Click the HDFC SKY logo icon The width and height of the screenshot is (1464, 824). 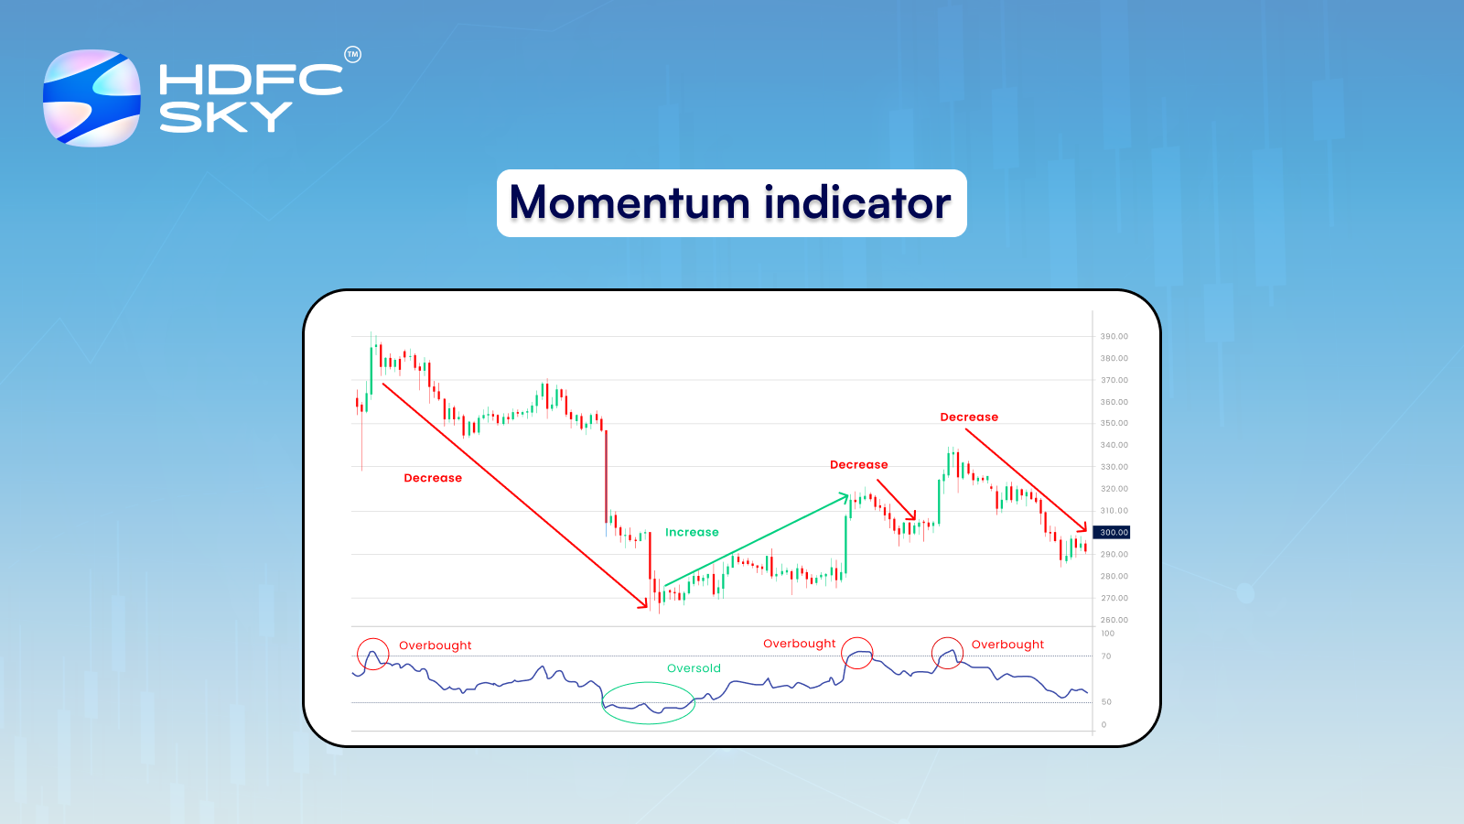91,97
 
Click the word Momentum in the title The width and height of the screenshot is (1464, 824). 630,202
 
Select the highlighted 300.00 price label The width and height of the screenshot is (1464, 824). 1112,532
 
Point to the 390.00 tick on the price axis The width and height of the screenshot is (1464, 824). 1114,336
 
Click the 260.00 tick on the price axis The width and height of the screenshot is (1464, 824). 1114,620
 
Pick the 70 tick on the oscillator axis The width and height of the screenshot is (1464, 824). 1106,656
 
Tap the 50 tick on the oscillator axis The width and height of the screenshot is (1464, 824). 1106,701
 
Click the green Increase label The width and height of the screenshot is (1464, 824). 692,532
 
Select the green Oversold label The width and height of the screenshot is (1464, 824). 694,668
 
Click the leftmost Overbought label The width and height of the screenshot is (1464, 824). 435,645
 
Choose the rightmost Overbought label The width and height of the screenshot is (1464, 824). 1007,645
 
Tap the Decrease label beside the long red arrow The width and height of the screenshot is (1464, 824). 433,478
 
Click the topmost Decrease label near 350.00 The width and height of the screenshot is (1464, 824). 969,417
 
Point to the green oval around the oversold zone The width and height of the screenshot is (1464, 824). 602,702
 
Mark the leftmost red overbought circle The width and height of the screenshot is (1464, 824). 358,654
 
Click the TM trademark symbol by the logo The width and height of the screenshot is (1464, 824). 353,55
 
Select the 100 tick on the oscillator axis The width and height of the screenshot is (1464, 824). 1107,634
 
